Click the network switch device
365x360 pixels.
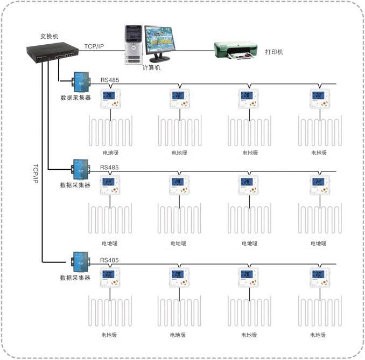[x=51, y=52]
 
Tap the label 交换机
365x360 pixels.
[x=50, y=36]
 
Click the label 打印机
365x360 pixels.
[x=274, y=52]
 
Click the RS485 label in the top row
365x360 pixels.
[x=110, y=80]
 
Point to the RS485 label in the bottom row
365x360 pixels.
[x=110, y=260]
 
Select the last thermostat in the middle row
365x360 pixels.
[x=319, y=186]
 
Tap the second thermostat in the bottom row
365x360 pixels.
[x=179, y=278]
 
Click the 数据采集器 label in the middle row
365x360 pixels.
[x=75, y=185]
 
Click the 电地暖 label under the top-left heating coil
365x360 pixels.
[x=110, y=153]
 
